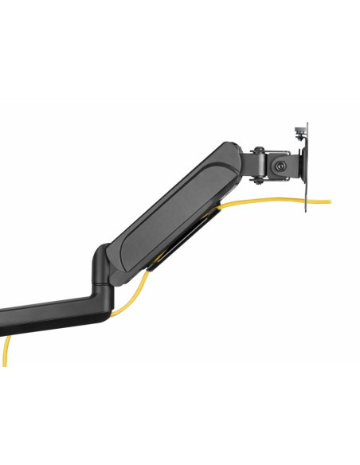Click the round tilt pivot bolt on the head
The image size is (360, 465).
[279, 166]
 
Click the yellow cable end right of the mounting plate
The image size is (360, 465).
[322, 201]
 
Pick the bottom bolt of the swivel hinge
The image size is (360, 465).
[258, 178]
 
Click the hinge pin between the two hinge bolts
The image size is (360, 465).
[258, 163]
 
